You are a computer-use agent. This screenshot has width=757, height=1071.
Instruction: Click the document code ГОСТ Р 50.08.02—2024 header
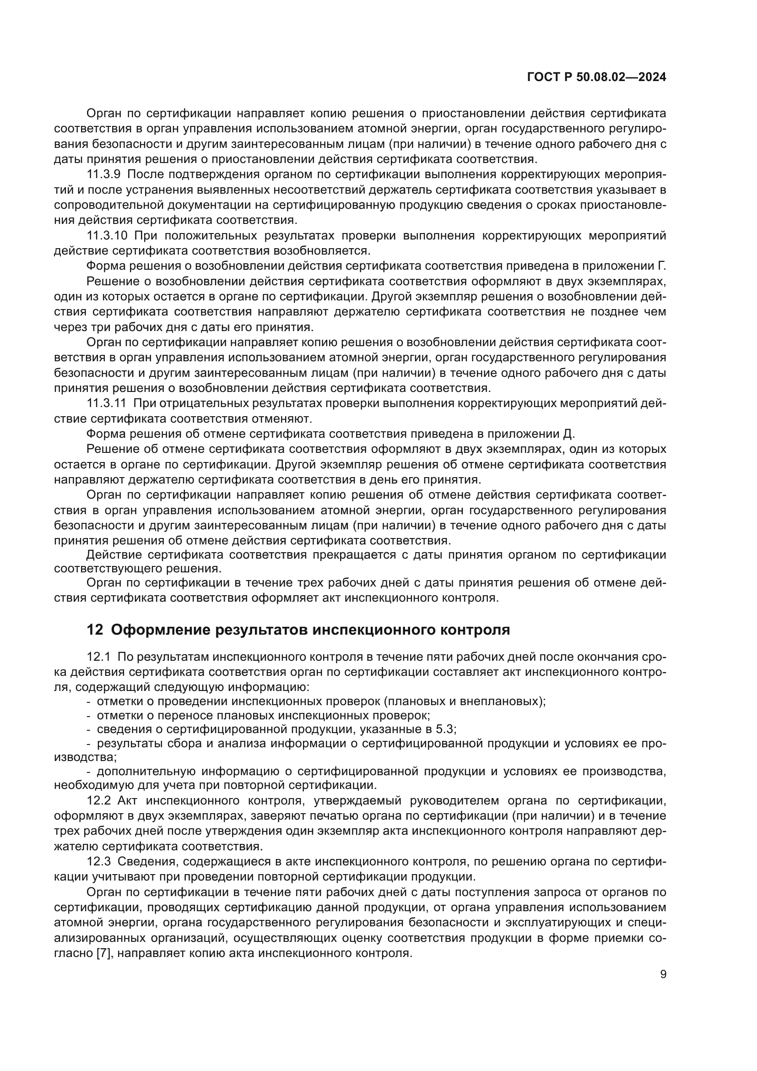(596, 77)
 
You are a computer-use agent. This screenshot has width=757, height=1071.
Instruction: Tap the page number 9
(663, 973)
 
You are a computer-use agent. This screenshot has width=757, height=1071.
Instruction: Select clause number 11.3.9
(103, 174)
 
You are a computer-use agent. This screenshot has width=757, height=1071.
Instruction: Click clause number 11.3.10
(107, 235)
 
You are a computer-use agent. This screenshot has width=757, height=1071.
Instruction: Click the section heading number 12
(95, 630)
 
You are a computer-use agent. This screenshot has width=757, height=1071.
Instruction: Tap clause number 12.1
(98, 657)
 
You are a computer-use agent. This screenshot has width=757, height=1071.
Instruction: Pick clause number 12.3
(99, 862)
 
